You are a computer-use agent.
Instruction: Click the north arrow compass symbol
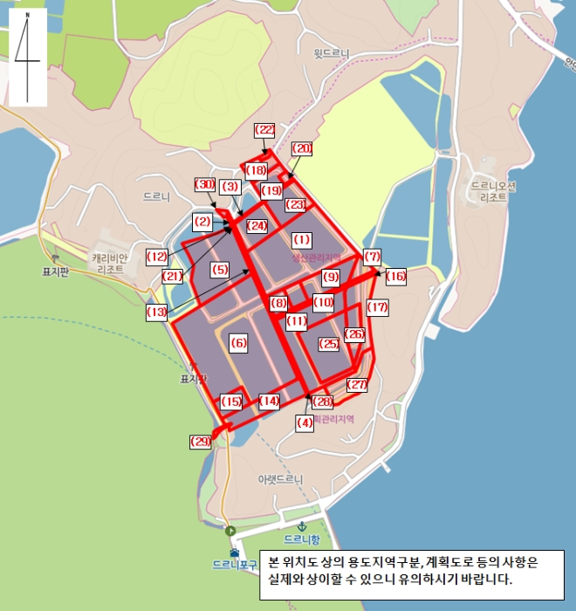coord(27,57)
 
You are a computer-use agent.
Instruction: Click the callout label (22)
coord(264,129)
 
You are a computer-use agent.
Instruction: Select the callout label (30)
coord(204,184)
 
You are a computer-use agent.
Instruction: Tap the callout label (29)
coord(201,442)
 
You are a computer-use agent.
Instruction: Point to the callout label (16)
coord(396,276)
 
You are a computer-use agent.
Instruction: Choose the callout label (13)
coord(157,312)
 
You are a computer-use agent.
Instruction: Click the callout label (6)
coord(238,344)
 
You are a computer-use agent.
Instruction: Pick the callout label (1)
coord(302,239)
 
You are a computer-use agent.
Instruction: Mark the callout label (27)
coord(358,384)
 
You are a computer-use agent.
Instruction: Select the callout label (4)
coord(305,422)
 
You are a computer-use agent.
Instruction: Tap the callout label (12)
coord(157,257)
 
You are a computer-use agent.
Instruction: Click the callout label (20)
coord(302,148)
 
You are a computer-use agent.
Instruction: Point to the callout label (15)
coord(231,402)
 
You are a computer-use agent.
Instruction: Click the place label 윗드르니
coord(332,53)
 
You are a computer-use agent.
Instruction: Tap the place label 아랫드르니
coord(279,479)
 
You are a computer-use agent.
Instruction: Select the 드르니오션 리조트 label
coord(493,191)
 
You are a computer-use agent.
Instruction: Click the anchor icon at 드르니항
coord(300,526)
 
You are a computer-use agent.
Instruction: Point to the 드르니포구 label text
coord(235,565)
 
